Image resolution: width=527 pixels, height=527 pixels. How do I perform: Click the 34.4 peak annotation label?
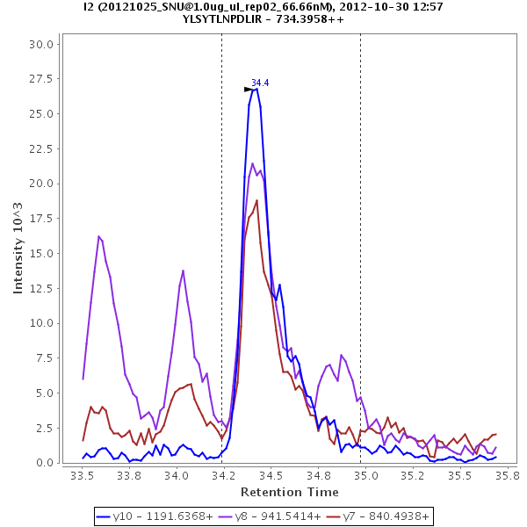(x=260, y=83)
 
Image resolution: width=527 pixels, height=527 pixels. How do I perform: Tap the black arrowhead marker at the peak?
(x=249, y=90)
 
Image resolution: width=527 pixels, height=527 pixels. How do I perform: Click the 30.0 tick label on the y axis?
(x=43, y=44)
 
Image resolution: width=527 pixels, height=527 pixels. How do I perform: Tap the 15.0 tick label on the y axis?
(x=43, y=254)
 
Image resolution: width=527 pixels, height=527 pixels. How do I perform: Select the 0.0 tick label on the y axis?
(x=46, y=463)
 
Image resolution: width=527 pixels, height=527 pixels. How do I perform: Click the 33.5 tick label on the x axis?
(x=83, y=475)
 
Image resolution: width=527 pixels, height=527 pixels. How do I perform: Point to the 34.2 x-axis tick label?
(x=224, y=475)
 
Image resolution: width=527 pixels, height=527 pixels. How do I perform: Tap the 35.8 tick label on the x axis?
(x=507, y=475)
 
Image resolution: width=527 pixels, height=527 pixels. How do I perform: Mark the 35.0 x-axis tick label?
(x=365, y=475)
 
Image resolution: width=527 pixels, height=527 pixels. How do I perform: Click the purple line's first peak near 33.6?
(x=99, y=236)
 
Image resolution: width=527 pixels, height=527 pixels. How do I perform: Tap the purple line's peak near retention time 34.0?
(x=183, y=271)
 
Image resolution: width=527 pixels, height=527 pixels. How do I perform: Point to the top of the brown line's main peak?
(x=256, y=200)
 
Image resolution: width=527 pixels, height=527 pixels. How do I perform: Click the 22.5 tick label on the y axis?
(x=43, y=149)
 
